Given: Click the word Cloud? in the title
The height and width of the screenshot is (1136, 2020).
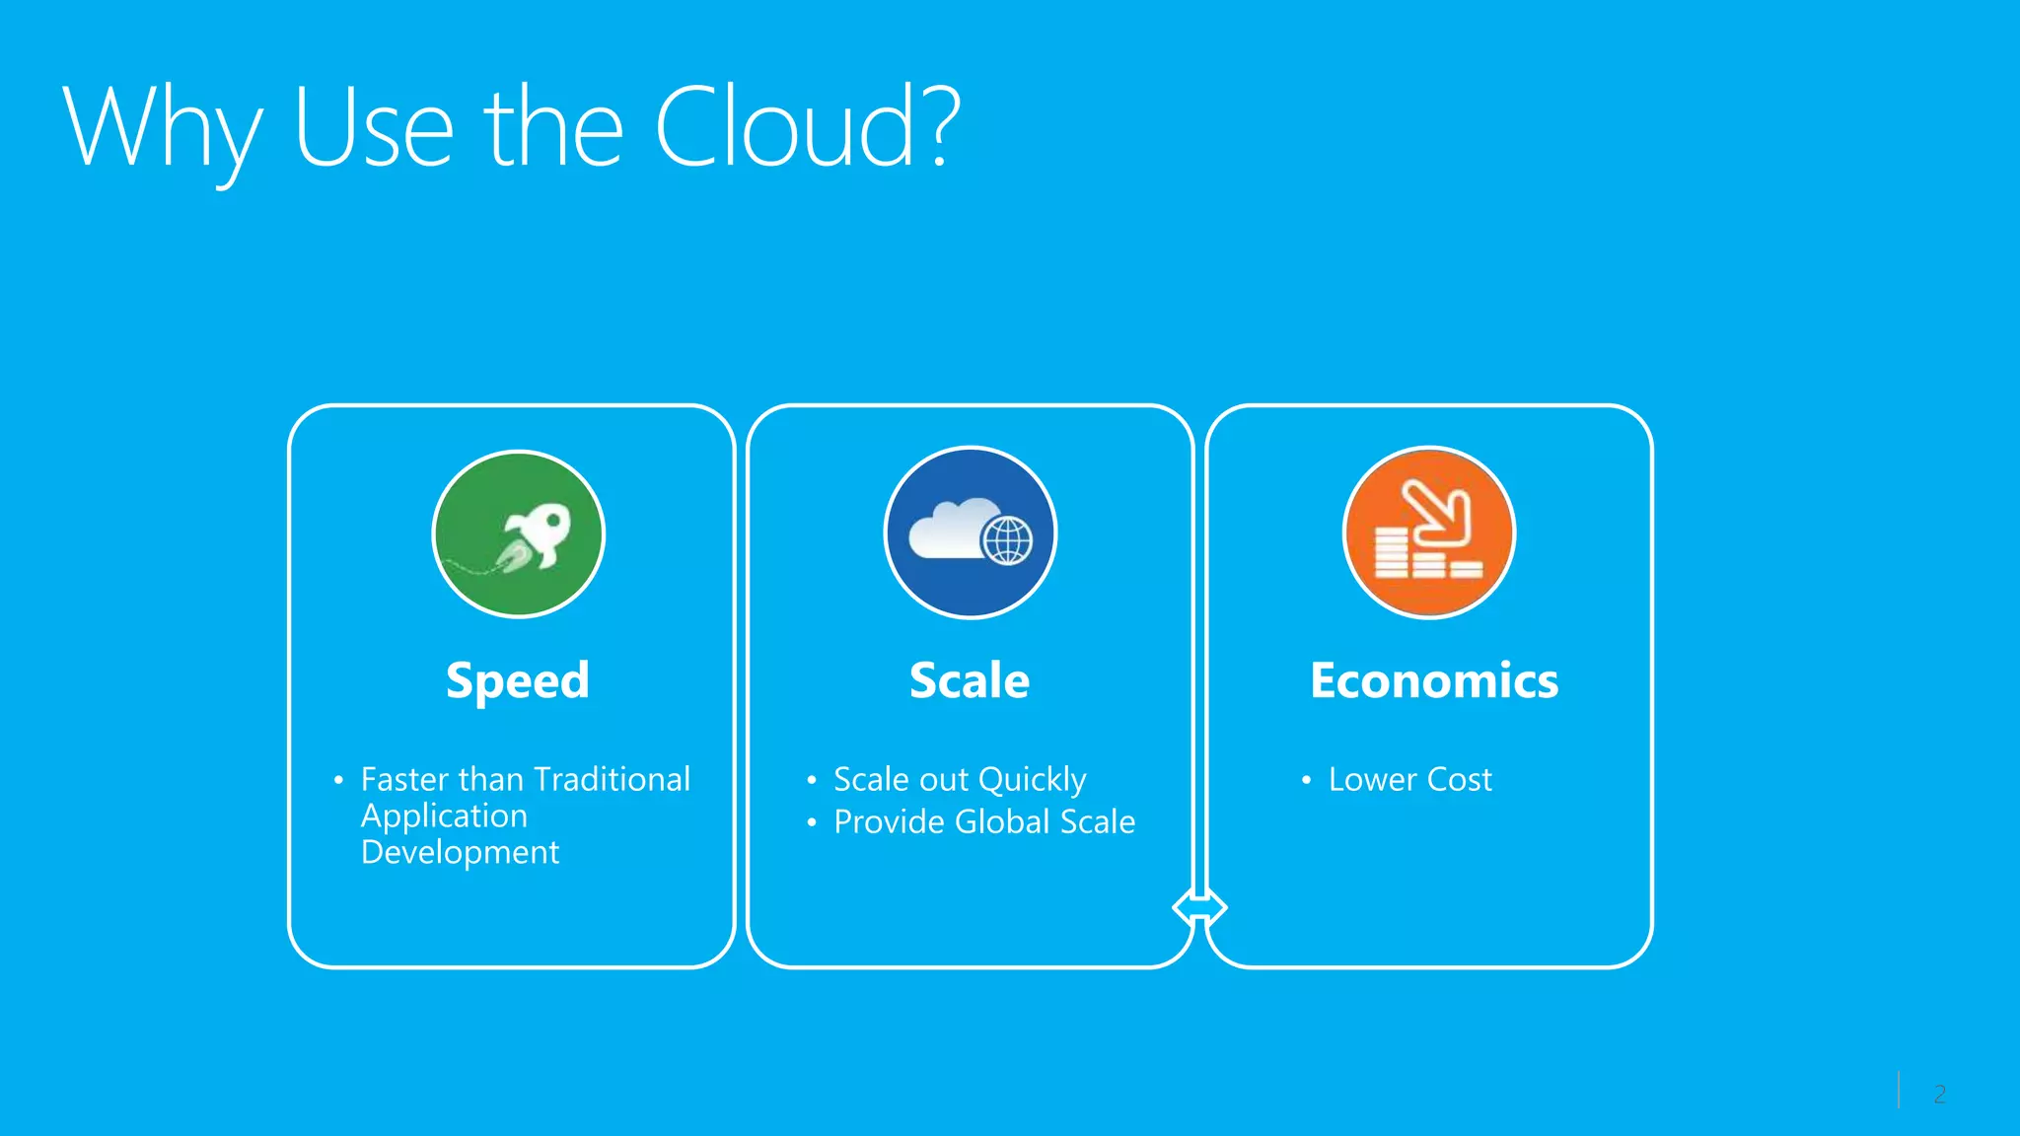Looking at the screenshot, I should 807,128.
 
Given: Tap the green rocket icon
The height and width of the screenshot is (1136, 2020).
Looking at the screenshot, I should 519,534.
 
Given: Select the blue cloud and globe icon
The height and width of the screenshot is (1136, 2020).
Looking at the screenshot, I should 971,533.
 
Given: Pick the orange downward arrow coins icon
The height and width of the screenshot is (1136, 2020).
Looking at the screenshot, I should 1429,533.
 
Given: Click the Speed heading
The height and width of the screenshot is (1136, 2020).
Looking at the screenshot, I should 518,681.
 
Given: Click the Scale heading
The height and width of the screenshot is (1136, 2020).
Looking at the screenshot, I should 970,681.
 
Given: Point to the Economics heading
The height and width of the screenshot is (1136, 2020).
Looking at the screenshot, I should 1434,681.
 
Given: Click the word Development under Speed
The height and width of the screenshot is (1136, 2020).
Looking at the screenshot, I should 460,853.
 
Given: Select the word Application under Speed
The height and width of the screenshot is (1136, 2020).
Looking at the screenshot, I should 444,816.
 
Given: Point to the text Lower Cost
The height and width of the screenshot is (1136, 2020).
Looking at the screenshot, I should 1409,780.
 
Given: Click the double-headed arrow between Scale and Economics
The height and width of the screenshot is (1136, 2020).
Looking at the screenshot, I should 1199,906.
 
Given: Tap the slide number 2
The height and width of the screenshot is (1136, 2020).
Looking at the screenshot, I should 1939,1094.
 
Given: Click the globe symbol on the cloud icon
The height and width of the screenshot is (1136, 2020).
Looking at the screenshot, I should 1007,540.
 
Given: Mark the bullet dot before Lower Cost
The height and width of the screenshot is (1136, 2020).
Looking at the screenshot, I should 1306,781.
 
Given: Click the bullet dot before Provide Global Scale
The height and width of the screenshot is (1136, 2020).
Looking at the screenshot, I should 812,822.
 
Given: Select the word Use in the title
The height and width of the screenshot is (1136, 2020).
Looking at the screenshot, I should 374,128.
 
